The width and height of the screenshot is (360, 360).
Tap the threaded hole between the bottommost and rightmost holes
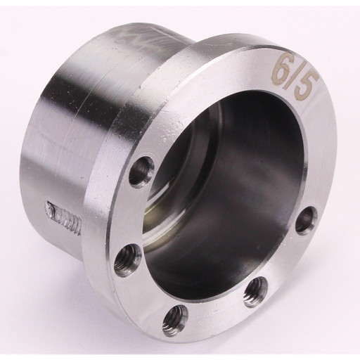(x=256, y=289)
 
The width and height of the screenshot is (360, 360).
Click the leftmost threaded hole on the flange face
(x=128, y=257)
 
